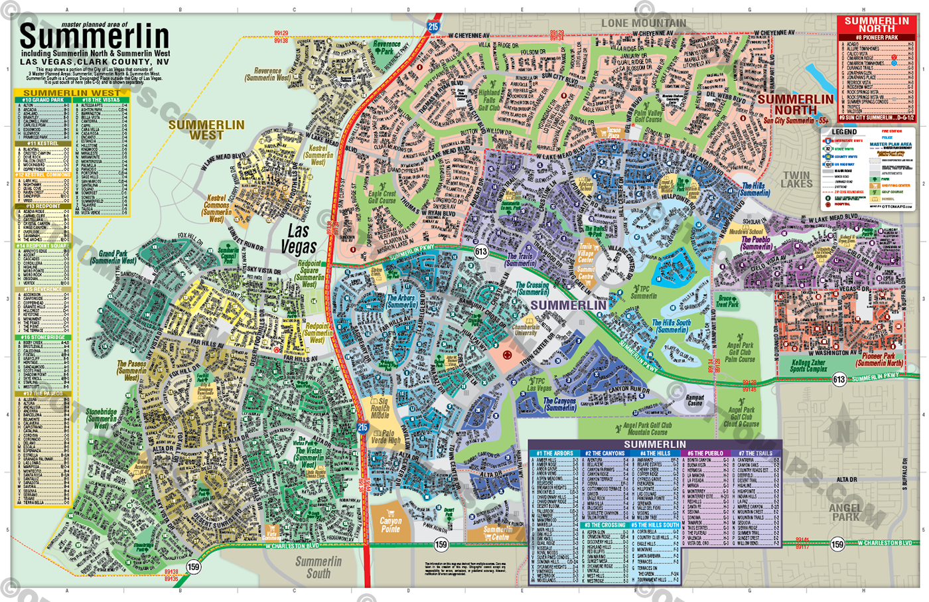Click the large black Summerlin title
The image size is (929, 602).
point(94,36)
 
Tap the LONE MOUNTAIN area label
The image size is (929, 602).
point(643,23)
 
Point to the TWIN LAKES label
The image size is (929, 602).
point(796,179)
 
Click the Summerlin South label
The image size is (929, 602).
point(319,567)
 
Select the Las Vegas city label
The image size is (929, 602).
point(299,239)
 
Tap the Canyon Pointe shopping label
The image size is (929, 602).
point(390,524)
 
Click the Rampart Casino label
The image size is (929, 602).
point(694,400)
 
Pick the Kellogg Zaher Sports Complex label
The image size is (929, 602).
point(808,366)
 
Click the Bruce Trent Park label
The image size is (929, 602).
point(727,301)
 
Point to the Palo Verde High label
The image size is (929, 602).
point(386,436)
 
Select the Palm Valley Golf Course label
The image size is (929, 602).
point(648,116)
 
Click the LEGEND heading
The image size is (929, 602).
point(844,132)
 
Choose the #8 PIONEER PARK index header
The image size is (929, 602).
point(877,38)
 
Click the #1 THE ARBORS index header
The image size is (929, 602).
point(555,453)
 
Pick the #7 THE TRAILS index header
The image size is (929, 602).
point(756,453)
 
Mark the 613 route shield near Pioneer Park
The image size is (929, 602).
point(839,380)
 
